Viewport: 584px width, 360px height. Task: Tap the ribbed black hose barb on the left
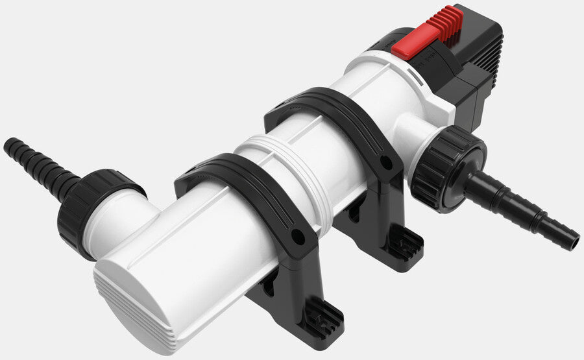tap(39, 166)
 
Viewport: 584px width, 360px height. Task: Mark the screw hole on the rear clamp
tap(388, 160)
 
